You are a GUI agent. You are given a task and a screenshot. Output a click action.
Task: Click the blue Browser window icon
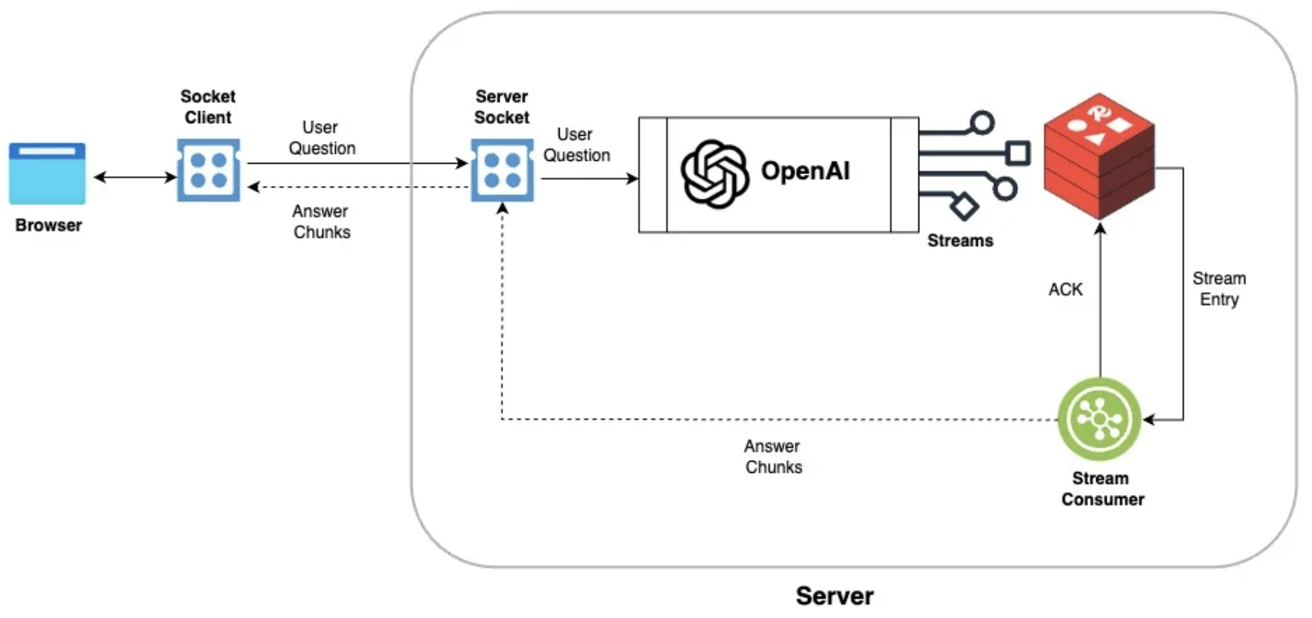click(47, 173)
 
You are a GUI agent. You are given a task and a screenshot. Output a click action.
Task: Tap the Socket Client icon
click(208, 170)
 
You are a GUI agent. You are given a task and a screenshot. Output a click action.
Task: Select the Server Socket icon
click(502, 170)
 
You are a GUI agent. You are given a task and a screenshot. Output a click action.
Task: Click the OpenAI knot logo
click(714, 173)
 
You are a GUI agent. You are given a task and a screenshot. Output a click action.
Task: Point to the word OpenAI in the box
click(805, 171)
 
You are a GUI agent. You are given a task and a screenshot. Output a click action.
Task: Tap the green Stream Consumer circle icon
click(1099, 419)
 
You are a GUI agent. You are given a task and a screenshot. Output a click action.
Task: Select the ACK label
click(1065, 290)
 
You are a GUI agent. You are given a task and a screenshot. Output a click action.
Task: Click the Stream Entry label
click(1219, 289)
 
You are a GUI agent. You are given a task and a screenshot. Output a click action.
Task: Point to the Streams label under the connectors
click(960, 241)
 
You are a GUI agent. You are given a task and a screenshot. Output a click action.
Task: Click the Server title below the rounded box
click(834, 596)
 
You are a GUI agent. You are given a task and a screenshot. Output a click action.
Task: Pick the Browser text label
click(48, 225)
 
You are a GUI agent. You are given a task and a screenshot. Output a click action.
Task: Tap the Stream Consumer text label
click(1102, 489)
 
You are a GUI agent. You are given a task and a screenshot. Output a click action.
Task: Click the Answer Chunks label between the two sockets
click(321, 222)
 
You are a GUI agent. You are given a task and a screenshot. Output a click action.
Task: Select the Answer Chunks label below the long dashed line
click(773, 456)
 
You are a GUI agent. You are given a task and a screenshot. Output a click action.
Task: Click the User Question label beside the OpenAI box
click(576, 144)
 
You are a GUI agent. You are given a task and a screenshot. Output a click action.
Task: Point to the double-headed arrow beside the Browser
click(134, 177)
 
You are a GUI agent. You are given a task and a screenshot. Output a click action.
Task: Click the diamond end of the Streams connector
click(964, 206)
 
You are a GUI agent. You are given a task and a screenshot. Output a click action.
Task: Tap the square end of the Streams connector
click(1018, 153)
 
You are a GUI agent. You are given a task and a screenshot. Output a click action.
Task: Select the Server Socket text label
click(502, 107)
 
